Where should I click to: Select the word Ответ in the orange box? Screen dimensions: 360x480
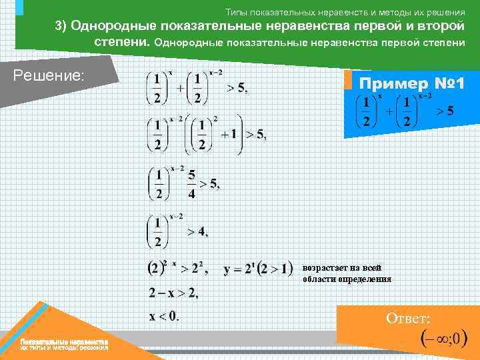[x=408, y=319]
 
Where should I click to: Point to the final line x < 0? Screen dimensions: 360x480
[x=164, y=315]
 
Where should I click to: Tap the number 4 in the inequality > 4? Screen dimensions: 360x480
[x=203, y=232]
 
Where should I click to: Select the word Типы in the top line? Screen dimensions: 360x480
[x=235, y=12]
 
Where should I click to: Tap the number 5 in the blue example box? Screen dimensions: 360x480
[x=450, y=111]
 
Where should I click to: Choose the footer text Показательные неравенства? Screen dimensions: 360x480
[x=64, y=341]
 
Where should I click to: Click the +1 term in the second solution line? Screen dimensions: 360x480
[x=230, y=134]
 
